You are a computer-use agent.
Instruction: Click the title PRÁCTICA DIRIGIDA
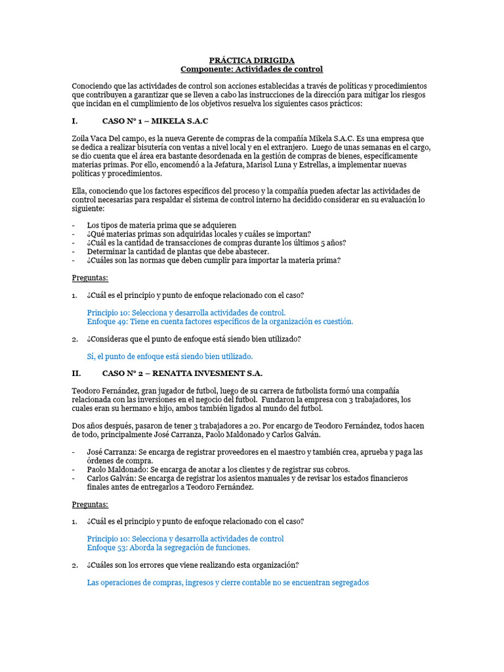click(x=252, y=60)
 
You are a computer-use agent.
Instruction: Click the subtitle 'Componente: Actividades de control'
click(x=252, y=69)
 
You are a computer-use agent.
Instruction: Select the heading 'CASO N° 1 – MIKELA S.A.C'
click(x=156, y=121)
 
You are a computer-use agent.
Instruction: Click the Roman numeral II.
click(x=75, y=373)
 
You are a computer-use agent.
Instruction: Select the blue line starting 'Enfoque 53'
click(x=169, y=547)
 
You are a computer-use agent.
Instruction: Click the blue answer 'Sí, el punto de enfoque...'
click(x=169, y=356)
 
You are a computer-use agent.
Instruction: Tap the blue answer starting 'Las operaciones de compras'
click(x=228, y=582)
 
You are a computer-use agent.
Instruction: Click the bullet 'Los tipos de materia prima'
click(x=161, y=225)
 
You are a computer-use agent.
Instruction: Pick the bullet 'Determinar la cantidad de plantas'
click(x=178, y=251)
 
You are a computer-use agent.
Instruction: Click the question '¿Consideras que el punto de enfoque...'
click(x=194, y=339)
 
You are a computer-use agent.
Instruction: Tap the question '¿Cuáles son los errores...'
click(x=193, y=565)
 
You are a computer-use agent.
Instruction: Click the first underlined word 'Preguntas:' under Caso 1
click(x=90, y=278)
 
